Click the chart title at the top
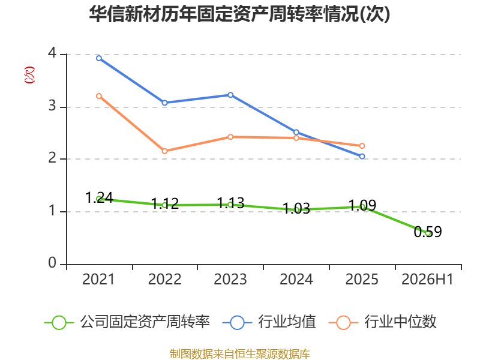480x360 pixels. (239, 14)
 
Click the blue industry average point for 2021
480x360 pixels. (99, 58)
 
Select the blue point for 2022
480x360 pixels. (164, 103)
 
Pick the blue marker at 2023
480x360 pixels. (230, 95)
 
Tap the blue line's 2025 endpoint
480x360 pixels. (362, 157)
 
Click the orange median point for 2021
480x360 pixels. (99, 96)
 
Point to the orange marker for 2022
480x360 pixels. (164, 151)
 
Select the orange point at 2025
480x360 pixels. (362, 146)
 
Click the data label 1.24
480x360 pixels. (99, 197)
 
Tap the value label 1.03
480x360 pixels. (296, 208)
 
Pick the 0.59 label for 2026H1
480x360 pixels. (428, 232)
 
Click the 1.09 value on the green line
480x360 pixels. (362, 205)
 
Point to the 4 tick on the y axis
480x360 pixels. (52, 53)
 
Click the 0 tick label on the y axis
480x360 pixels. (52, 263)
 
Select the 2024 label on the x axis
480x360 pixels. (296, 280)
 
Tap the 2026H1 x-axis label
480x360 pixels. (427, 280)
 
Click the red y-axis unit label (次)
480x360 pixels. (29, 75)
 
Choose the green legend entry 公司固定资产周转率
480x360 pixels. (127, 322)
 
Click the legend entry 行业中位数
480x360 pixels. (382, 322)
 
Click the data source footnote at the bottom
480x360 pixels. (240, 354)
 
